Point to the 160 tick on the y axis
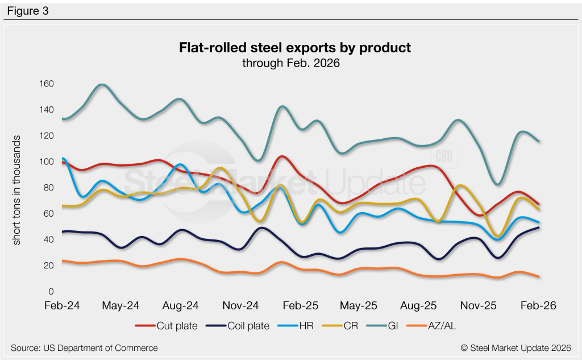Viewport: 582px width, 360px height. coord(46,84)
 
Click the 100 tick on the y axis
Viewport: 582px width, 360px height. coord(46,162)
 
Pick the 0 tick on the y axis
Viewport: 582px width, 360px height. coord(51,292)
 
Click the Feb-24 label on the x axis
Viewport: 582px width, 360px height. coord(62,306)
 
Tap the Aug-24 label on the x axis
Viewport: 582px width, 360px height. coord(180,306)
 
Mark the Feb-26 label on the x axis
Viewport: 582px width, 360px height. coord(538,306)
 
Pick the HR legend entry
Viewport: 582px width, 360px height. coord(294,326)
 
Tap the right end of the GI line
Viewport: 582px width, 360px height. coord(539,141)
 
